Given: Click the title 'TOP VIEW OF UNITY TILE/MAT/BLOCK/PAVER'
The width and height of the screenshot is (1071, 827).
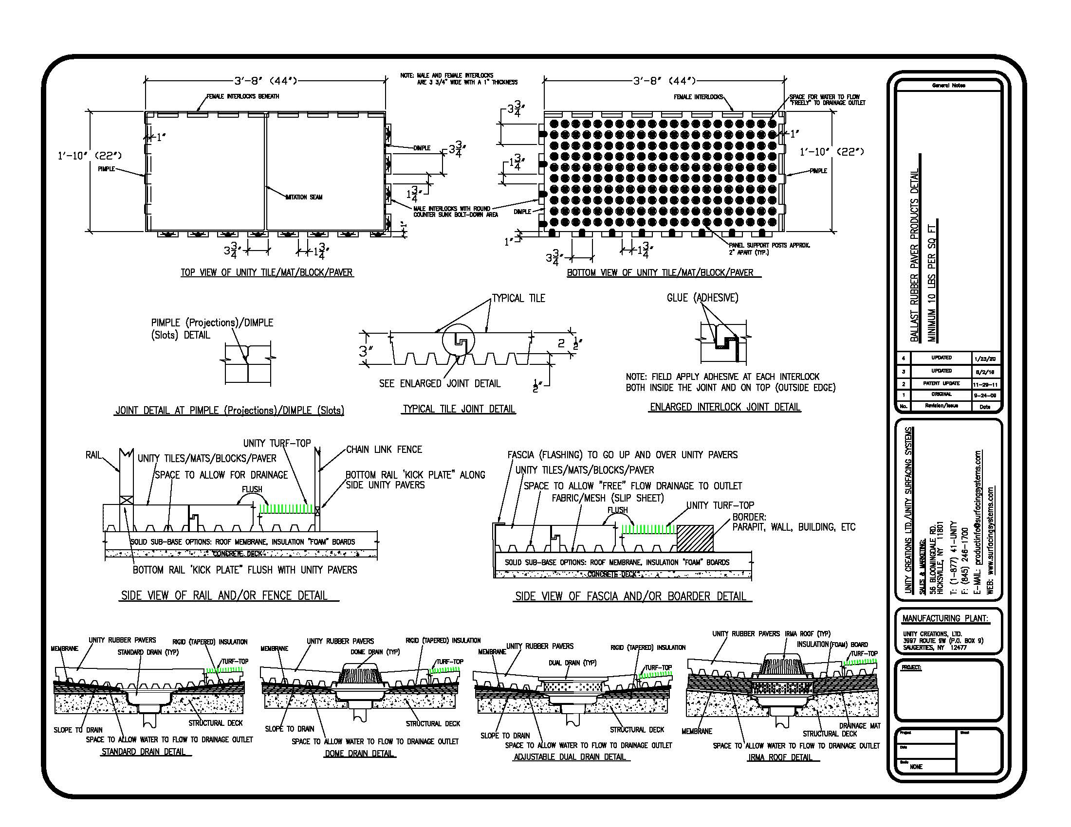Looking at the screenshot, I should point(267,272).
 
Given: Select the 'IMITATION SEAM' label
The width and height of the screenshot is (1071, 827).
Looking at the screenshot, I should point(304,197).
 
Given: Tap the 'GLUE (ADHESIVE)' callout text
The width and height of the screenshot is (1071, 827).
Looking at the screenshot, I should point(702,298).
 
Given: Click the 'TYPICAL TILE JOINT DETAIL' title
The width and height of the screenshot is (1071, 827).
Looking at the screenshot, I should point(459,409).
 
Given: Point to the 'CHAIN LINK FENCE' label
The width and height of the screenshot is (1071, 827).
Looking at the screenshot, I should point(384,449).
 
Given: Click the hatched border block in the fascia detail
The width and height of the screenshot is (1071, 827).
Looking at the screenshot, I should point(695,539).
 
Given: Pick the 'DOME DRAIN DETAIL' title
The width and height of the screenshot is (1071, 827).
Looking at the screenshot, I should point(360,754).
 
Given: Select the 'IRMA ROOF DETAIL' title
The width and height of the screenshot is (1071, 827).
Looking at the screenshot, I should point(780,757).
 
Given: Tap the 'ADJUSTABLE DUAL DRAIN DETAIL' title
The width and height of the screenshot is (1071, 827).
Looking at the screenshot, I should point(570,757).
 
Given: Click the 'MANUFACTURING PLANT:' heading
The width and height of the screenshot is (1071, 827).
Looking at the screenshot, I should point(945,618).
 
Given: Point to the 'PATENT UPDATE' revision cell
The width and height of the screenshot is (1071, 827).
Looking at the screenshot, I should point(941,384).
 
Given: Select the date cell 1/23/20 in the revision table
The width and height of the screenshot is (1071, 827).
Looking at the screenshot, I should point(985,359).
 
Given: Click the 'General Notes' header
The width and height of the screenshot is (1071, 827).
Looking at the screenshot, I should point(948,86).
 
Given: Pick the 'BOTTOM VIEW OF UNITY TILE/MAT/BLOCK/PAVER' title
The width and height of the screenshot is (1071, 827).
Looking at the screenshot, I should point(660,273).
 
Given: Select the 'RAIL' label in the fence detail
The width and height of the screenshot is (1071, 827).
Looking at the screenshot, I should point(92,455).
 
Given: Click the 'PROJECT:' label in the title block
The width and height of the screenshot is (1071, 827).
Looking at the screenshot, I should point(911,667).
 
